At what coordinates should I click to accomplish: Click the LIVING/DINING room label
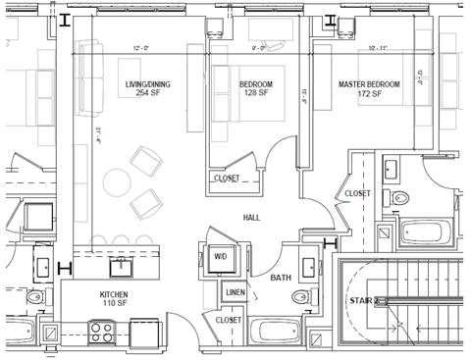147,84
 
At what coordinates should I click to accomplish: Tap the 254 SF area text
147,93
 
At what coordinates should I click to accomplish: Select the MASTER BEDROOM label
369,84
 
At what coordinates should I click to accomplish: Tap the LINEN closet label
235,292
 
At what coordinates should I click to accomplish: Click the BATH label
281,279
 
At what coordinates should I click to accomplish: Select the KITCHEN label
114,295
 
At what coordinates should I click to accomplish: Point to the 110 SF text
114,305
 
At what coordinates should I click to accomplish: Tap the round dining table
117,182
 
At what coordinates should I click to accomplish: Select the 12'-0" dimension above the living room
141,46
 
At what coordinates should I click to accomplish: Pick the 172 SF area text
369,94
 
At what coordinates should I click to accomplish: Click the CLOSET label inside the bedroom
228,179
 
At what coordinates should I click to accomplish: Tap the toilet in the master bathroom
398,196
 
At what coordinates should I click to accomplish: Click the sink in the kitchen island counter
124,265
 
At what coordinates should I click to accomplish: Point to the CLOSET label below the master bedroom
357,194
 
